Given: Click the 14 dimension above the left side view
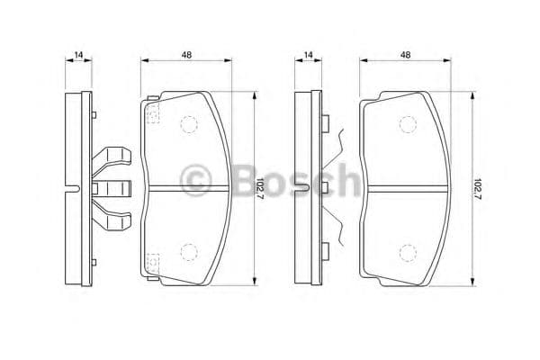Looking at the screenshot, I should coord(79,56).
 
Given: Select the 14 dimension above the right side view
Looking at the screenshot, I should coord(308,56).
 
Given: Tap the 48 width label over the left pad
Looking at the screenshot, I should coord(186,56).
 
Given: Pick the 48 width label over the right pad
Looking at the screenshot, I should coord(406,56).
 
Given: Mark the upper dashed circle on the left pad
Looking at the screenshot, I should coord(189,125).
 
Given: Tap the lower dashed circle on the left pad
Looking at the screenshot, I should coord(189,251).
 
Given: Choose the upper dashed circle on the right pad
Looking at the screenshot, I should coord(407,125).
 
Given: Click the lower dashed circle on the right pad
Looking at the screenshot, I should coord(407,251).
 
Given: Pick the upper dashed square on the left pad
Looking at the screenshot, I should coord(152,112).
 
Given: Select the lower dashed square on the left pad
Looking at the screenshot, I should coord(152,263).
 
